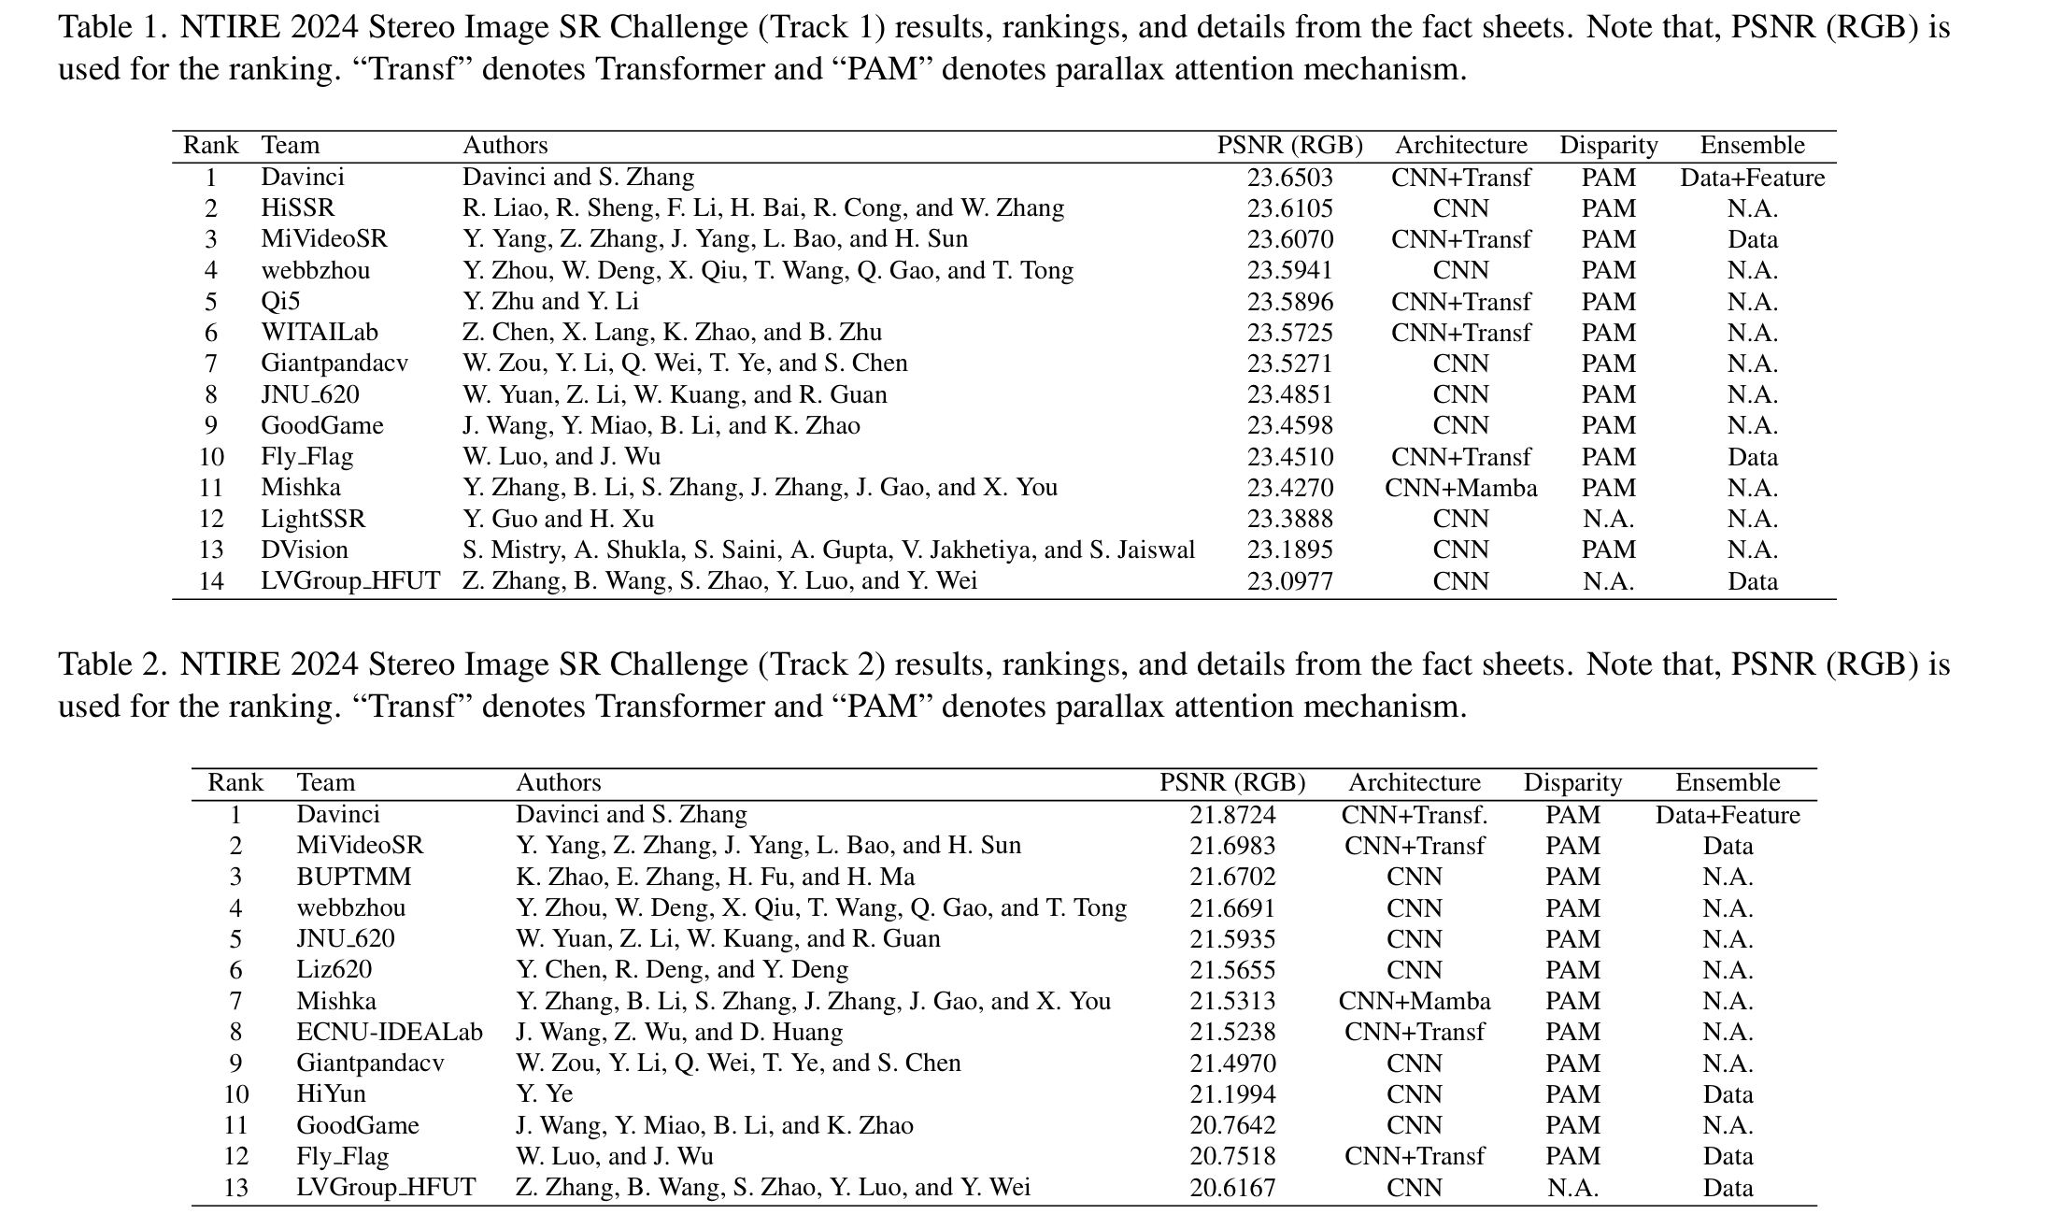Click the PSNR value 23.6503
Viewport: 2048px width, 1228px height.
tap(1289, 178)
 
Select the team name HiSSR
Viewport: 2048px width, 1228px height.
tap(297, 208)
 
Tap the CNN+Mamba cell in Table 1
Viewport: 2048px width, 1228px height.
tap(1460, 488)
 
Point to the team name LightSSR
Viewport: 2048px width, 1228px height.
tap(313, 519)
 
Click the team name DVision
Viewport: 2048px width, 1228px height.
tap(304, 550)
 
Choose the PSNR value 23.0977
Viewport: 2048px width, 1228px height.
tap(1289, 581)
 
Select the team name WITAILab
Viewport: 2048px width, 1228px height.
tap(320, 333)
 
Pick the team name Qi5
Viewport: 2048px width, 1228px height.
tap(280, 302)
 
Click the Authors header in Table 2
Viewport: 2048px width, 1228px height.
tap(558, 782)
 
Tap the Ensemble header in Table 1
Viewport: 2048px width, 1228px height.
tap(1752, 146)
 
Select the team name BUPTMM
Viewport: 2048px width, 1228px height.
tap(353, 877)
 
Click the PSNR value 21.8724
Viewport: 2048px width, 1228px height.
tap(1232, 815)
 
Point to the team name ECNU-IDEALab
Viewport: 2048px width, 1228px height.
tap(390, 1032)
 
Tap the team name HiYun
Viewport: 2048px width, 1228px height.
tap(331, 1093)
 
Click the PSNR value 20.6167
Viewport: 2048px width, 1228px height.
tap(1232, 1187)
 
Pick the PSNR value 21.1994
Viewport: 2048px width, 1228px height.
tap(1232, 1093)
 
